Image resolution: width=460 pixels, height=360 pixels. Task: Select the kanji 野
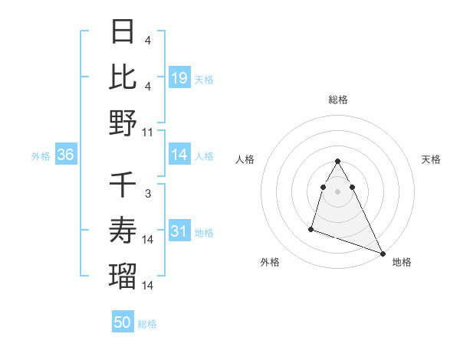[x=123, y=123]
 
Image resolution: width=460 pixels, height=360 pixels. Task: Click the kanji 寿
[x=123, y=231]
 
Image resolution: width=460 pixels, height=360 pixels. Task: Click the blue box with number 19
[x=179, y=78]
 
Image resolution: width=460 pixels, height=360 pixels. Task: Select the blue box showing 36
[x=66, y=155]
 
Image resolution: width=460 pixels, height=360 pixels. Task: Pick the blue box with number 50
[x=123, y=322]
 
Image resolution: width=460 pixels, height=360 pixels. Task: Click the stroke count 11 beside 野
[x=148, y=132]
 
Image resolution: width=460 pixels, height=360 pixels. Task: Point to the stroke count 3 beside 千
[x=148, y=195]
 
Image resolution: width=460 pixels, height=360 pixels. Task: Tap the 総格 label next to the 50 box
[x=147, y=324]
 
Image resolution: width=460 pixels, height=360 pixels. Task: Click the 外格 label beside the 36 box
[x=41, y=156]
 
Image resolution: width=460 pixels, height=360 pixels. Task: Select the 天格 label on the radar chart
[x=432, y=159]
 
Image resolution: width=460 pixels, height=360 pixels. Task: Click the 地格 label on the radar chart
[x=402, y=262]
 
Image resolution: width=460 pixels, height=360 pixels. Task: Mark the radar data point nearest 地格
[x=383, y=254]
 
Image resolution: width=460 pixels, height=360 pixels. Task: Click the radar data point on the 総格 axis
[x=337, y=162]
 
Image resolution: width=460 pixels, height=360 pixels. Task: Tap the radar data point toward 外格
[x=311, y=228]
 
